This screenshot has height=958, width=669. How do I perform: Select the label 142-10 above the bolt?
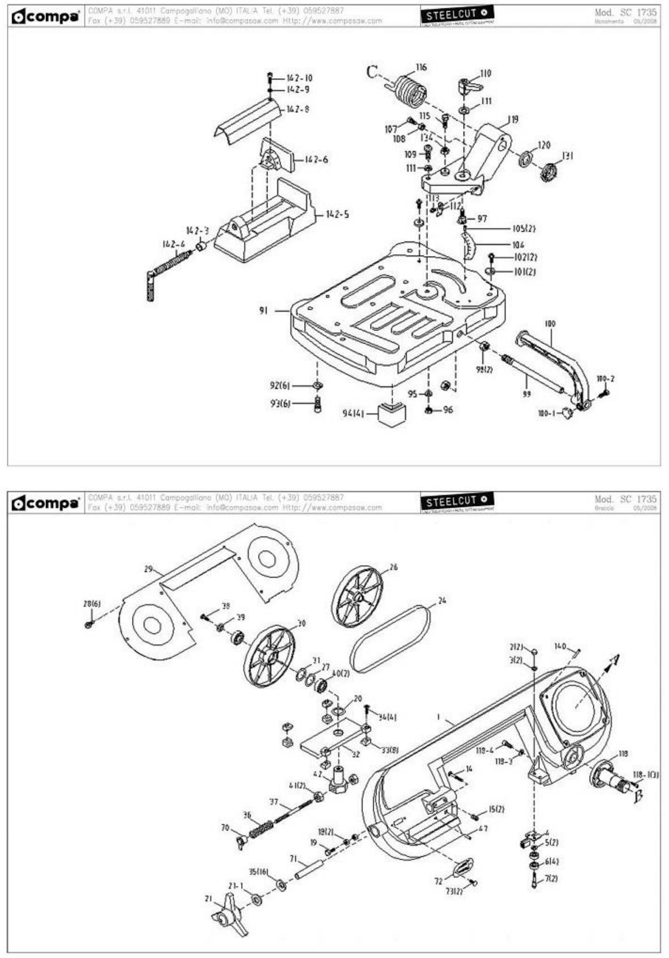[x=299, y=78]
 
